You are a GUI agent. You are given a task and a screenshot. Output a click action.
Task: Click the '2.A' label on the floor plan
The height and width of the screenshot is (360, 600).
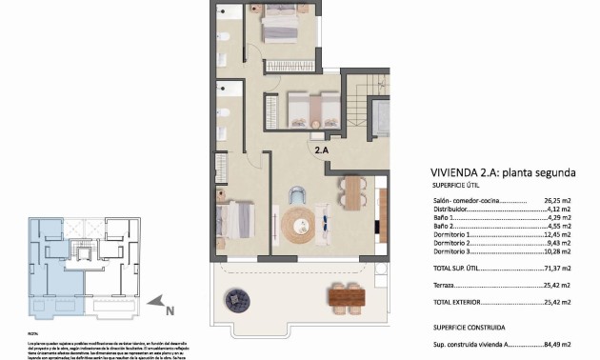click(322, 150)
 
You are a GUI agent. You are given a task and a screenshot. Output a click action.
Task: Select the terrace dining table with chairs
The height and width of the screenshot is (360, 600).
click(347, 298)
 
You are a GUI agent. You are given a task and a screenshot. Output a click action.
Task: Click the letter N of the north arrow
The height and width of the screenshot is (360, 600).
click(170, 310)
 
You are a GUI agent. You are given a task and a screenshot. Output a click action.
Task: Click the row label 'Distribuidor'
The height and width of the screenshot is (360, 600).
click(453, 210)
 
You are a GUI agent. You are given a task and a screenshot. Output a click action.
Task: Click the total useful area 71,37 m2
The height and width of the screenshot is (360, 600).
click(554, 269)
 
